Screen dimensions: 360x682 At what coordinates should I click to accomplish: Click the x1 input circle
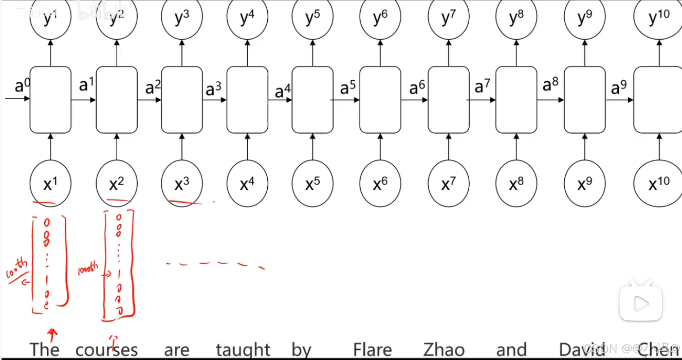(50, 184)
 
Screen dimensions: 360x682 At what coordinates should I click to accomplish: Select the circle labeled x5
(312, 184)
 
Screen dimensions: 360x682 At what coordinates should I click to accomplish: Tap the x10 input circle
(659, 184)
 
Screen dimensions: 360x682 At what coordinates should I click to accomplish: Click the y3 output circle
(182, 18)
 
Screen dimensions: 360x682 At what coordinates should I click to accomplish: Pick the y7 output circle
(449, 18)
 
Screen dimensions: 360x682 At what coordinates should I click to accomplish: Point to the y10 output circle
(659, 18)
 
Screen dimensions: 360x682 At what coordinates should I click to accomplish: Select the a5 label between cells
(347, 88)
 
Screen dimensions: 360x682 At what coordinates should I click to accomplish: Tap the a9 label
(619, 88)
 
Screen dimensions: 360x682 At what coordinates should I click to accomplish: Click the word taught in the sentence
(243, 350)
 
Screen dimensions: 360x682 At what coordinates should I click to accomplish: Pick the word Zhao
(444, 350)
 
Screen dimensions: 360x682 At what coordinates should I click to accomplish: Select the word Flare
(372, 350)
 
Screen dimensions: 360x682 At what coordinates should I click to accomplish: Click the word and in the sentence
(511, 350)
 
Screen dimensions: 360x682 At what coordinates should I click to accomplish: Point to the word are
(177, 350)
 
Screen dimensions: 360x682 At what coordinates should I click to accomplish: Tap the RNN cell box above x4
(247, 100)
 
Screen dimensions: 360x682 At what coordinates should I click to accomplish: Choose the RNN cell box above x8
(516, 100)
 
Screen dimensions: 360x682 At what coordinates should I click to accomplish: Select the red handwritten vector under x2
(119, 265)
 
